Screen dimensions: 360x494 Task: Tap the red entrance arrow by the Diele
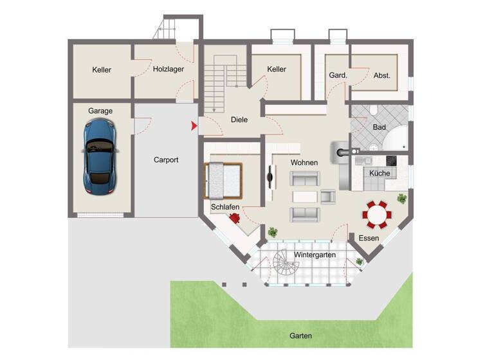point(194,126)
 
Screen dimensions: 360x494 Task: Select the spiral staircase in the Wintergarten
point(283,262)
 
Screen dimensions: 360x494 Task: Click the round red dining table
point(375,214)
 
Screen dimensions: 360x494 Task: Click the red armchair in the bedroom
point(235,218)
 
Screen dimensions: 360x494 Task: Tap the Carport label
point(166,160)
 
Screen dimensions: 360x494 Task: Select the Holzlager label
point(168,69)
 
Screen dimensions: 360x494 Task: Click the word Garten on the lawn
point(300,336)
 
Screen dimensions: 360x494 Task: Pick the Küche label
point(379,174)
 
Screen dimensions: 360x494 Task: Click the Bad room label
point(380,127)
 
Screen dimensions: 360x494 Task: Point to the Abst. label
point(382,75)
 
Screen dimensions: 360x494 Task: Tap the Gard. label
point(338,75)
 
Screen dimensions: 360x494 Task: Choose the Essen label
point(369,239)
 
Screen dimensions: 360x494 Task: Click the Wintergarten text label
point(315,255)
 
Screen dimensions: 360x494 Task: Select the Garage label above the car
point(100,111)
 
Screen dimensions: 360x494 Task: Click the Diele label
point(239,120)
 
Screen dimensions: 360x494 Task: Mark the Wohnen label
point(304,163)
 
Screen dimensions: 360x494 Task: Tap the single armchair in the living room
point(328,197)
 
